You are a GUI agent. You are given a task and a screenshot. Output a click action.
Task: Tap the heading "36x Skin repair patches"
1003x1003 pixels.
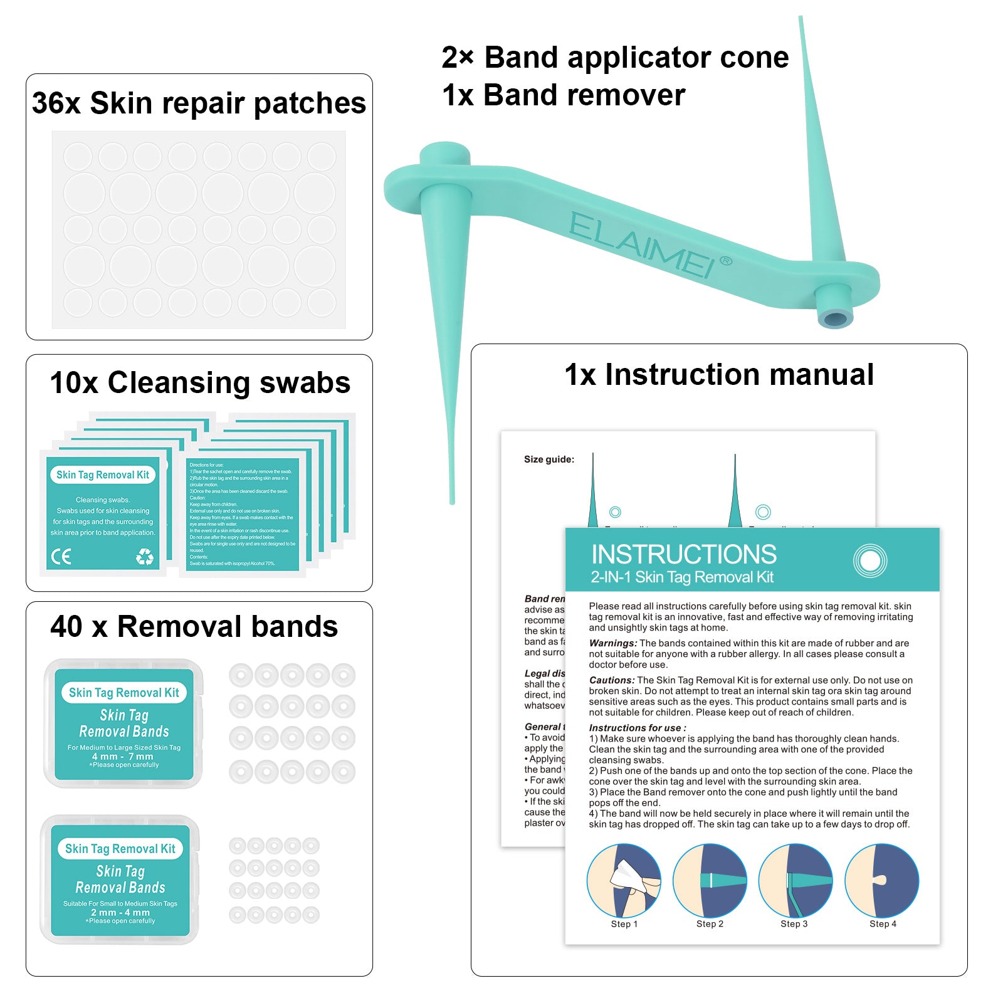pyautogui.click(x=199, y=103)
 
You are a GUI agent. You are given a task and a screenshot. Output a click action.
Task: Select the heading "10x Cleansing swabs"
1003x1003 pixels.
pyautogui.click(x=200, y=382)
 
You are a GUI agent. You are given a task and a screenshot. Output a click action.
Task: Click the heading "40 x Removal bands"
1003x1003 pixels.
pyautogui.click(x=194, y=626)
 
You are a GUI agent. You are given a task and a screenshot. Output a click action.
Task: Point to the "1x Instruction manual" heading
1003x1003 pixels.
pyautogui.click(x=719, y=375)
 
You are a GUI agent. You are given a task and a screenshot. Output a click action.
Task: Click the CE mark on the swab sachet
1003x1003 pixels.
pyautogui.click(x=61, y=556)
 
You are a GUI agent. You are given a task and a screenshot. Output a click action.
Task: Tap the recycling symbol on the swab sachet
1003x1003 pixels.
pyautogui.click(x=145, y=556)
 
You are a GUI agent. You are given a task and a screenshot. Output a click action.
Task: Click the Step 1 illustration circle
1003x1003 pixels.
pyautogui.click(x=624, y=880)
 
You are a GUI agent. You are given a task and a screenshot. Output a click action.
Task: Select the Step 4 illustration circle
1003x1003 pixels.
pyautogui.click(x=882, y=880)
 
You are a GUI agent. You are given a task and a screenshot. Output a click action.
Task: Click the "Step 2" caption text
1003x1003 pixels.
pyautogui.click(x=710, y=924)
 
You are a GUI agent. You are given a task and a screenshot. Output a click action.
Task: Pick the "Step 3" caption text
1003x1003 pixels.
pyautogui.click(x=794, y=924)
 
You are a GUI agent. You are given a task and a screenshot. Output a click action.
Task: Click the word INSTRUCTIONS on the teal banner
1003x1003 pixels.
pyautogui.click(x=684, y=555)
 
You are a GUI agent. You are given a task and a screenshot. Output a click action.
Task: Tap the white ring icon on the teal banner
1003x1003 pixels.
pyautogui.click(x=870, y=560)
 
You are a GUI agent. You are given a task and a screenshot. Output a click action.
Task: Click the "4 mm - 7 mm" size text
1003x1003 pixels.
pyautogui.click(x=123, y=756)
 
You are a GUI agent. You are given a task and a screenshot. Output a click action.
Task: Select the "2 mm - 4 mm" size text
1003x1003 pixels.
pyautogui.click(x=120, y=912)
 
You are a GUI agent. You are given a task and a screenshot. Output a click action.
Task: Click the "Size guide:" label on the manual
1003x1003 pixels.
pyautogui.click(x=549, y=459)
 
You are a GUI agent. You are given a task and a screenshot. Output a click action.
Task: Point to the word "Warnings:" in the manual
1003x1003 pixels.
pyautogui.click(x=613, y=643)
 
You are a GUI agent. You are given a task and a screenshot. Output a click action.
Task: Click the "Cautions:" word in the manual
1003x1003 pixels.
pyautogui.click(x=612, y=680)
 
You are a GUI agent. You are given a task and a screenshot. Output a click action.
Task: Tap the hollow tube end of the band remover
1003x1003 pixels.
pyautogui.click(x=836, y=318)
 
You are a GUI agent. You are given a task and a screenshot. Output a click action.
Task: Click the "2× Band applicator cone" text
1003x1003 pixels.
pyautogui.click(x=615, y=58)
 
